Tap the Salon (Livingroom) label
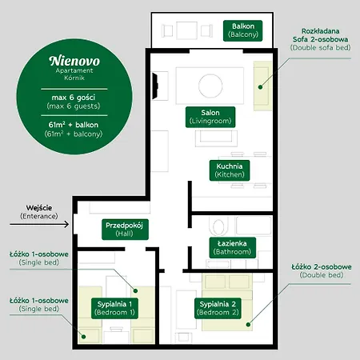(209, 116)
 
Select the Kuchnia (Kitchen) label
(229, 170)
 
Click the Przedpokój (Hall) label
(124, 230)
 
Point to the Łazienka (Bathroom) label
(231, 246)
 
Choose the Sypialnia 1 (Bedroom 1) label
(114, 307)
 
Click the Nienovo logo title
(73, 61)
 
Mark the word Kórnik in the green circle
(73, 78)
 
